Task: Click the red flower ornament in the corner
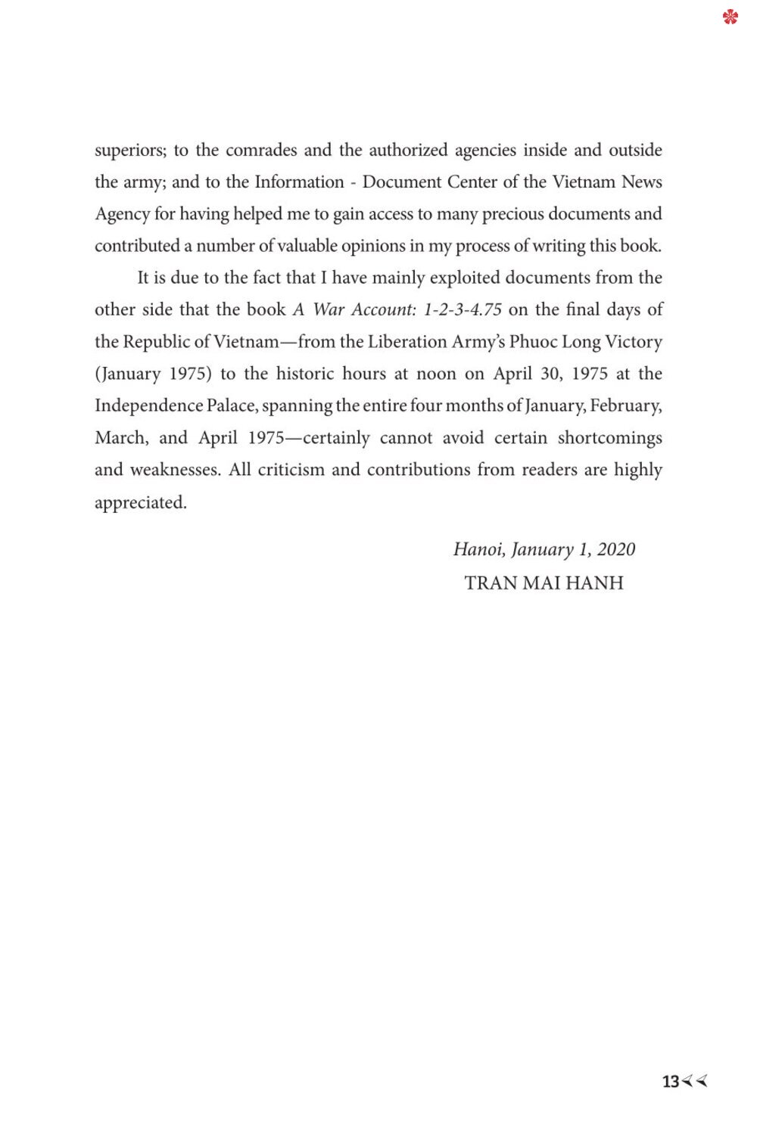pos(730,17)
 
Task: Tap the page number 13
pos(671,1082)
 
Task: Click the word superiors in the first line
pos(129,151)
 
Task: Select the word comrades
pos(261,150)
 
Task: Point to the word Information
pos(299,182)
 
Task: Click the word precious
pos(512,214)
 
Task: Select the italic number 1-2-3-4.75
pos(463,310)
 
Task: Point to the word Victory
pos(634,342)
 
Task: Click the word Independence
pos(148,406)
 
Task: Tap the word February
pos(625,406)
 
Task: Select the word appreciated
pos(140,502)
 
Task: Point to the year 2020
pos(615,549)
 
